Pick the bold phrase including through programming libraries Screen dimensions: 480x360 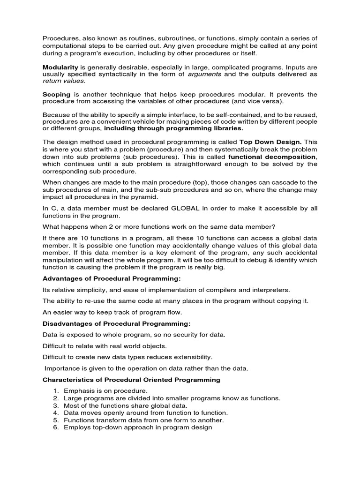point(173,128)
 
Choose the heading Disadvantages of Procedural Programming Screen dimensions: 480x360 point(117,324)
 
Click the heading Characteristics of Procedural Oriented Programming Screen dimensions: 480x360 point(131,380)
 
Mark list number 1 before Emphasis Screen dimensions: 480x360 point(55,391)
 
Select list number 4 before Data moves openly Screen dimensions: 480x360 point(55,413)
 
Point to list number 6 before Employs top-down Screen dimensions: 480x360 point(55,427)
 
